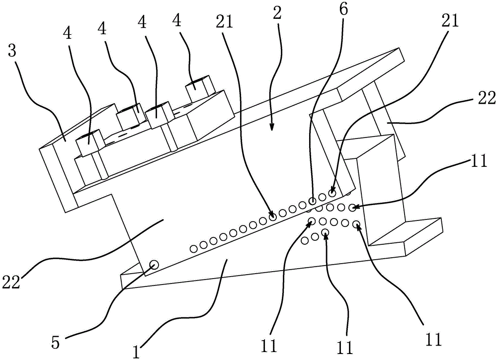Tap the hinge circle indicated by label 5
tap(154, 265)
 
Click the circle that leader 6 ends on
tap(312, 201)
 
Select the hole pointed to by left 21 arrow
tap(273, 216)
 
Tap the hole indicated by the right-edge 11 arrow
tap(352, 207)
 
